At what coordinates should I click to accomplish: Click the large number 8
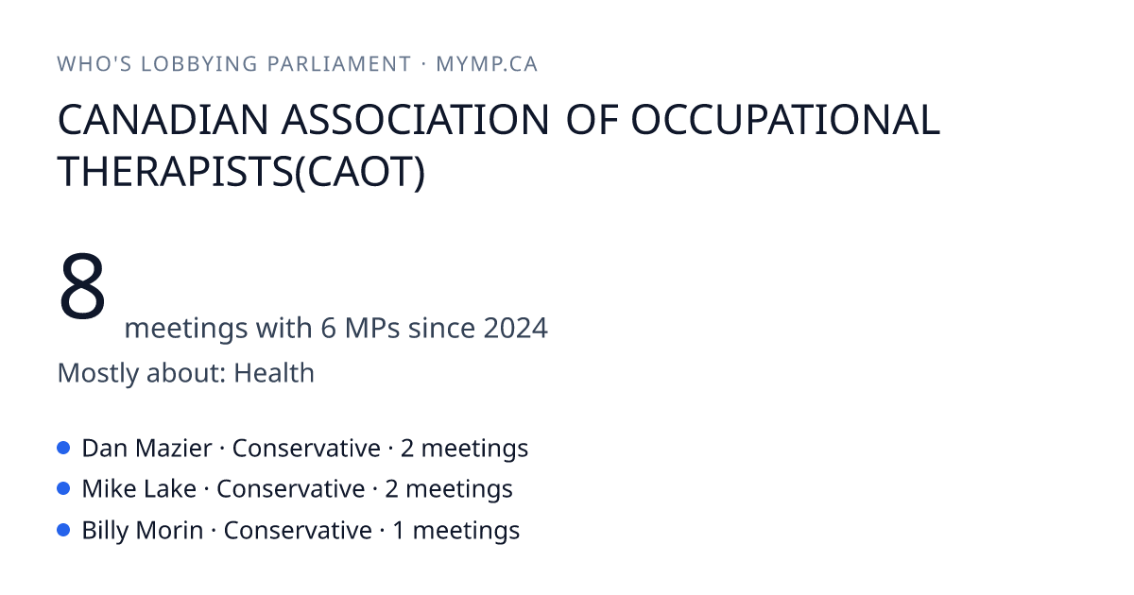pyautogui.click(x=82, y=286)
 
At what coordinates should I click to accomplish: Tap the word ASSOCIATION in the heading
pyautogui.click(x=415, y=120)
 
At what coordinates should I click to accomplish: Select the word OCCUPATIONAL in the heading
pyautogui.click(x=785, y=120)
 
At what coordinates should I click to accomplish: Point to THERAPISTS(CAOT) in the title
pyautogui.click(x=241, y=172)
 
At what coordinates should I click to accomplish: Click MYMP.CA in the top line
pyautogui.click(x=487, y=64)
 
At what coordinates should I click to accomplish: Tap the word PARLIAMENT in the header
pyautogui.click(x=339, y=64)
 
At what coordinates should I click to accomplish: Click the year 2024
pyautogui.click(x=515, y=328)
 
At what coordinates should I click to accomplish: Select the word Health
pyautogui.click(x=274, y=373)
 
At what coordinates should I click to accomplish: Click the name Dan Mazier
pyautogui.click(x=146, y=449)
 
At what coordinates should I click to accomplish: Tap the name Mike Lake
pyautogui.click(x=139, y=489)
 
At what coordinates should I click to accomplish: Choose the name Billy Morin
pyautogui.click(x=143, y=530)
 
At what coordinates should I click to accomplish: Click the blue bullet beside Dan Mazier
pyautogui.click(x=63, y=448)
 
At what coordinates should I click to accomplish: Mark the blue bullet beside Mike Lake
pyautogui.click(x=63, y=489)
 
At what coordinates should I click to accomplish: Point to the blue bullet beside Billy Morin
pyautogui.click(x=63, y=530)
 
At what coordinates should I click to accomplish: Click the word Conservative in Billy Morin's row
pyautogui.click(x=298, y=530)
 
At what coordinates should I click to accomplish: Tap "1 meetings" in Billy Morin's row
pyautogui.click(x=456, y=530)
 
